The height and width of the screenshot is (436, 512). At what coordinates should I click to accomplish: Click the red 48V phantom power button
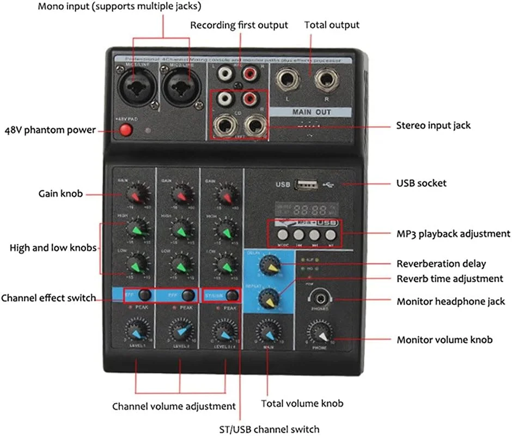pos(126,130)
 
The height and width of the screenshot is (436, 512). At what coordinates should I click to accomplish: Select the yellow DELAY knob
pos(269,265)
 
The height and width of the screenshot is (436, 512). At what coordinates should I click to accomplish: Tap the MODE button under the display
pos(282,235)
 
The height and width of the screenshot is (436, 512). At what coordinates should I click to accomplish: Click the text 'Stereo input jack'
pos(433,125)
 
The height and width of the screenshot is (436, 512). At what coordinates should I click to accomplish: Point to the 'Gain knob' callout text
pos(60,193)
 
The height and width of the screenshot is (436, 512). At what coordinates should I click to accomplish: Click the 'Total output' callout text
pos(332,25)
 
